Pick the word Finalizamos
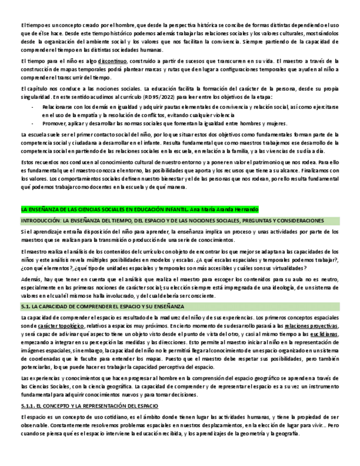pyautogui.click(x=316, y=171)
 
